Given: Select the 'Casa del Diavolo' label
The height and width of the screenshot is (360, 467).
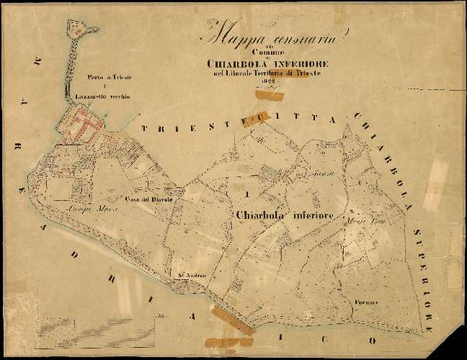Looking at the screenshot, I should point(147,200).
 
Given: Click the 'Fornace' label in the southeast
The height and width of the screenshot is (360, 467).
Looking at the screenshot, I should point(367,303).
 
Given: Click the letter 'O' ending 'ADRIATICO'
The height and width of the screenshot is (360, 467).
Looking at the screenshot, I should point(373,338).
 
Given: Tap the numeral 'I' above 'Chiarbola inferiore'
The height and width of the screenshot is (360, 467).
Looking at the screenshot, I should point(247,195).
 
